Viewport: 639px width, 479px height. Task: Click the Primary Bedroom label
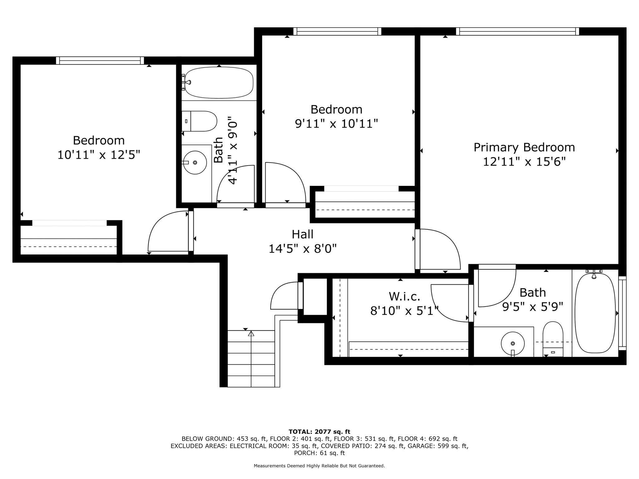click(524, 147)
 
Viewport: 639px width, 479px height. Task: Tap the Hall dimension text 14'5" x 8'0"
click(303, 249)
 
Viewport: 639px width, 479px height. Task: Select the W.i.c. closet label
click(404, 296)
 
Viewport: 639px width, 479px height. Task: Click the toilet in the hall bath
click(199, 121)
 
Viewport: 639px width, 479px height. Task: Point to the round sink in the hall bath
click(195, 162)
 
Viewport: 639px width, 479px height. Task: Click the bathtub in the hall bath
click(219, 82)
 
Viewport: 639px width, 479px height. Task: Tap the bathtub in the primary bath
click(595, 313)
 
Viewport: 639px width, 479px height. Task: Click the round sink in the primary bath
click(513, 343)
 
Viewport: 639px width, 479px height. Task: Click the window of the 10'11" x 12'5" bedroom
click(100, 60)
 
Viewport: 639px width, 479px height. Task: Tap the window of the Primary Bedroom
click(517, 31)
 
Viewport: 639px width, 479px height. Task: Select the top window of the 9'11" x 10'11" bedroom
click(337, 31)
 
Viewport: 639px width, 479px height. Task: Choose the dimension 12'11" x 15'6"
click(524, 162)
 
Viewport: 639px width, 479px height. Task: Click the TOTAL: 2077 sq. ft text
click(319, 432)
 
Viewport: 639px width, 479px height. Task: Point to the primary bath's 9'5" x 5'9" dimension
click(533, 307)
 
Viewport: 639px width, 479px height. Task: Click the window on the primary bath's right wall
click(622, 313)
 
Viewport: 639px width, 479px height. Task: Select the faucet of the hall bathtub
click(187, 82)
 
